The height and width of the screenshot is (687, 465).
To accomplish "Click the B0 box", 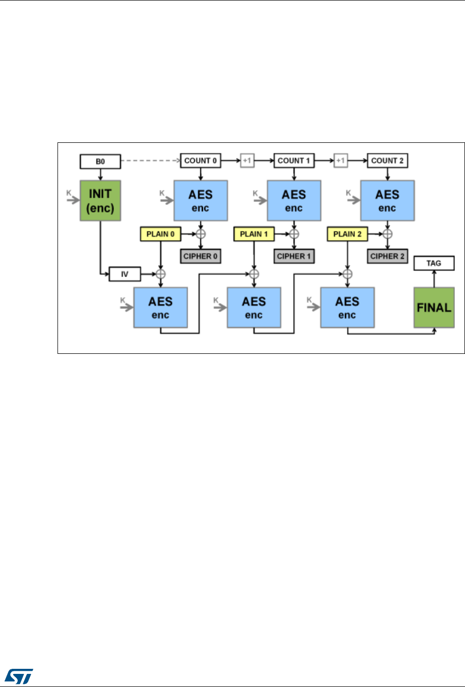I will (x=100, y=162).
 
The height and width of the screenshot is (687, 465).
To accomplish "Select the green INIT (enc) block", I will (x=100, y=200).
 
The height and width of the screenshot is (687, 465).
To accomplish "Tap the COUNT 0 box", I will (x=200, y=161).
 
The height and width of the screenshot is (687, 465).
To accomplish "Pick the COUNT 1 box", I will (x=294, y=161).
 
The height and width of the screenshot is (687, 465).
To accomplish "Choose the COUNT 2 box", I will (x=387, y=161).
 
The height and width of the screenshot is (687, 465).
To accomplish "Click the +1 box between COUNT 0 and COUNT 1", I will (x=247, y=161).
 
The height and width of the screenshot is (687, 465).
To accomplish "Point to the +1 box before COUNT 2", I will (x=341, y=161).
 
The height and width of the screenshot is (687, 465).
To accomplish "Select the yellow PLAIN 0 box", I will (x=160, y=234).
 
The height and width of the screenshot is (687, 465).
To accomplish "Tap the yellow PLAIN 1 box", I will (x=254, y=234).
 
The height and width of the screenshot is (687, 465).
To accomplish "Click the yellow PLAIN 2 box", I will (x=347, y=234).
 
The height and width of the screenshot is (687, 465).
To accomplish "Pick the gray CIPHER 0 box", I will (x=200, y=256).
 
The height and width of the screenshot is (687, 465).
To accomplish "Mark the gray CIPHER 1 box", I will (x=294, y=256).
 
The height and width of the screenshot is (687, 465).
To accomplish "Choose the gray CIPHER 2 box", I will (x=387, y=256).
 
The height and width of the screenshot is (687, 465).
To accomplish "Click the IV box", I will (x=125, y=275).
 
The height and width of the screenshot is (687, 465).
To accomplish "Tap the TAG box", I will (x=434, y=263).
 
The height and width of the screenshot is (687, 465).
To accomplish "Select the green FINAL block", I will (x=434, y=307).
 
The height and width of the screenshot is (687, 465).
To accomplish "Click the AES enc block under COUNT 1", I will (x=294, y=200).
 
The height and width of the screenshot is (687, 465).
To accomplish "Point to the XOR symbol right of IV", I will (x=161, y=275).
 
